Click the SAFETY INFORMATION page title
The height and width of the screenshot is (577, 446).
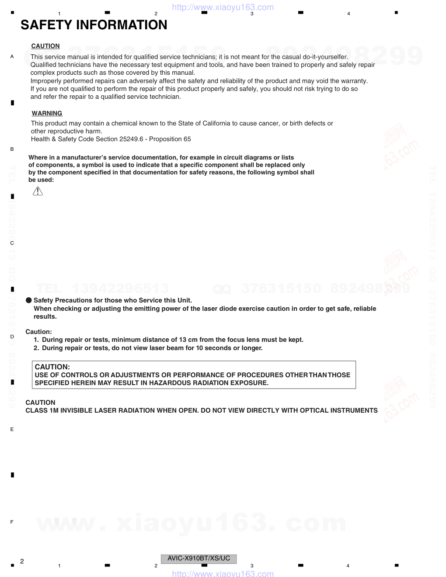pos(94,25)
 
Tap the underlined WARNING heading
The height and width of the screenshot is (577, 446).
pos(47,113)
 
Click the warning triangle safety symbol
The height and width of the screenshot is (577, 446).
pos(38,191)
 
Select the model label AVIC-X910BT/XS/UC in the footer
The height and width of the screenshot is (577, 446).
pos(199,558)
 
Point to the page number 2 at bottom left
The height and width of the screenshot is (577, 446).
pos(22,561)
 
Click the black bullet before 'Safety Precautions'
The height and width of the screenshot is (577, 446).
pos(29,300)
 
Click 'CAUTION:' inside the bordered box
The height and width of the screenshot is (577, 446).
pos(52,367)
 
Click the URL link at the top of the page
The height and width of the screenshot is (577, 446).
pos(223,7)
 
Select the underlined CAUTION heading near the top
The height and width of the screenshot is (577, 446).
pos(45,46)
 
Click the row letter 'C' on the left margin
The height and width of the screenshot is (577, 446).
pos(12,243)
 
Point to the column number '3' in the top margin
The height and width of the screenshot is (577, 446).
pos(252,14)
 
